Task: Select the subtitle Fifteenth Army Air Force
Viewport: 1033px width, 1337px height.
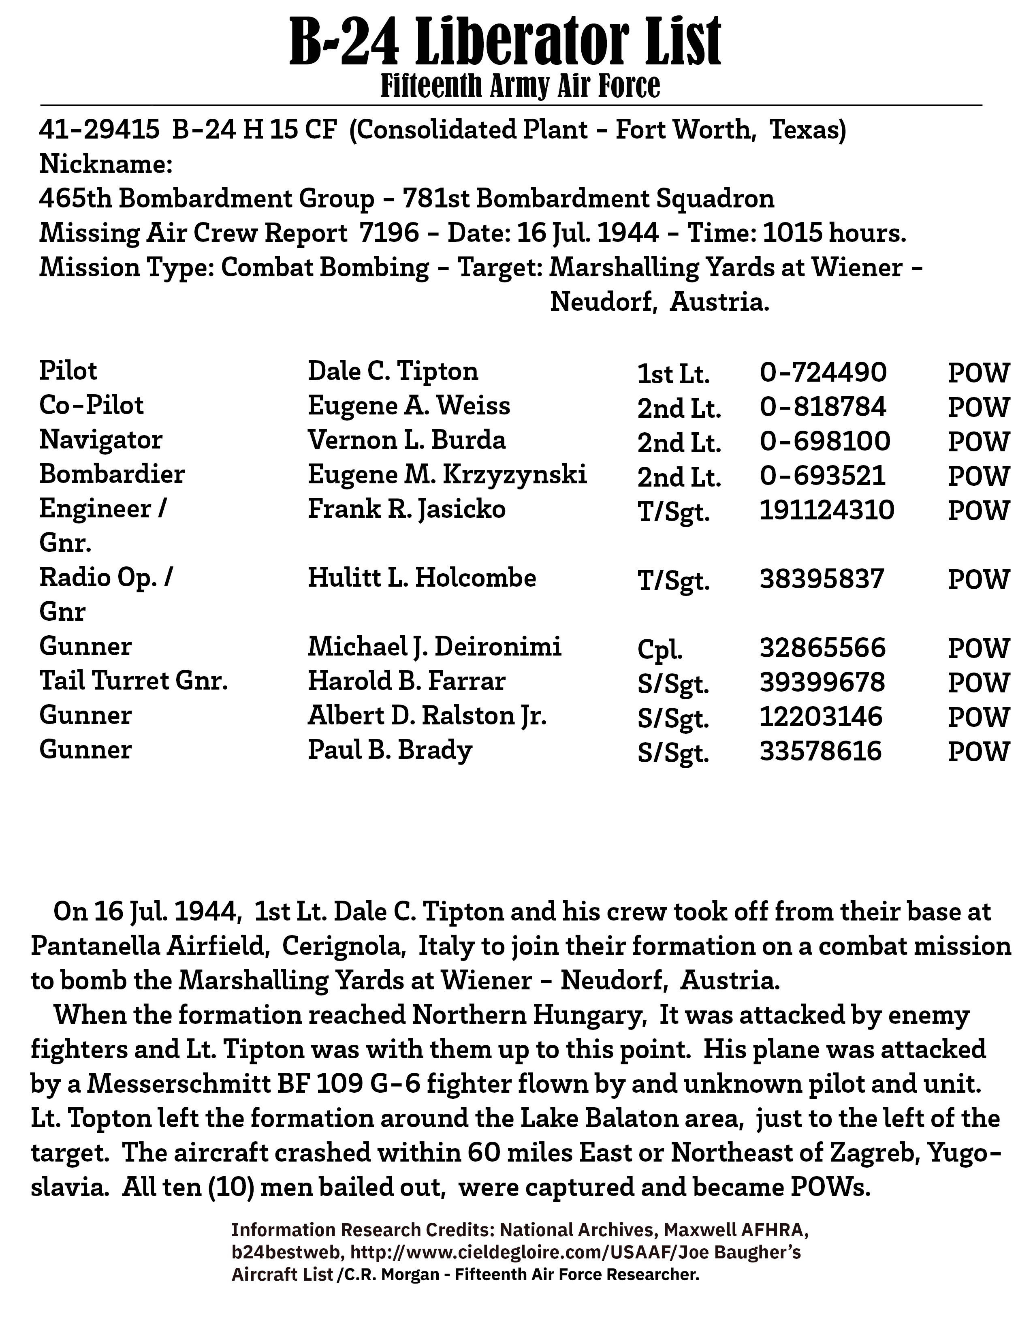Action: [520, 86]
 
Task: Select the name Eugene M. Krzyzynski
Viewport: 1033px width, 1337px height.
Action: [447, 474]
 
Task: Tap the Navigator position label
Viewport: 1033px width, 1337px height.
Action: [101, 440]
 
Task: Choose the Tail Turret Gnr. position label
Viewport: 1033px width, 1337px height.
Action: [133, 681]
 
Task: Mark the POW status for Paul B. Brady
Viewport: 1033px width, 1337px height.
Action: [978, 752]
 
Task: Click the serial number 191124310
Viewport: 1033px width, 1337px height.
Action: [827, 510]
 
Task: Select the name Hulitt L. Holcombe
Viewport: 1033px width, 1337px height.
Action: [422, 578]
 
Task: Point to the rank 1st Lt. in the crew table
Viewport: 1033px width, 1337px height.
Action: [673, 374]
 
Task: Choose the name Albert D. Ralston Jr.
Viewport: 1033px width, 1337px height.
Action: [427, 715]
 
